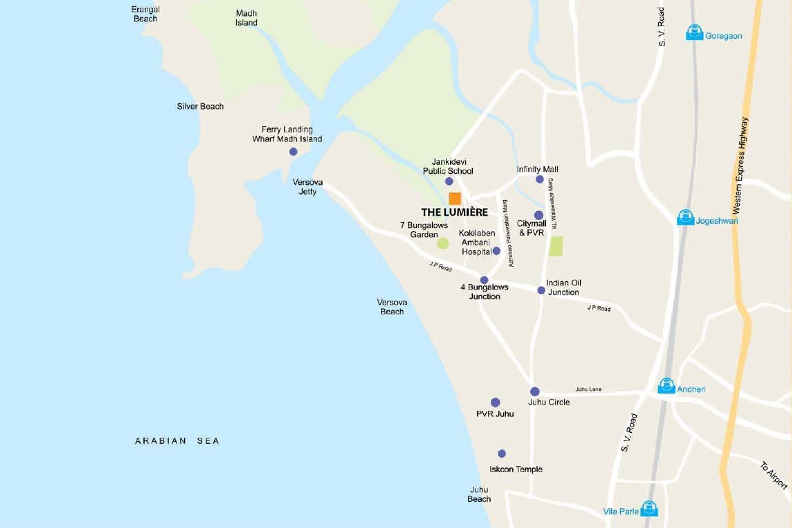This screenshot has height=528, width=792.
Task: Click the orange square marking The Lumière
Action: [x=455, y=199]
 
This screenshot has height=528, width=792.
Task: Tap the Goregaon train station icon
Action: [x=694, y=32]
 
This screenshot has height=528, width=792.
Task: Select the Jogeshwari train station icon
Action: [x=685, y=218]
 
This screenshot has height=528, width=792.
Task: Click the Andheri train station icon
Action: [x=666, y=386]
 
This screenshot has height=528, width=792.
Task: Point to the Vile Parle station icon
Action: [x=649, y=509]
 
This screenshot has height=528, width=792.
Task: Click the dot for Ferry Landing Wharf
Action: [x=293, y=152]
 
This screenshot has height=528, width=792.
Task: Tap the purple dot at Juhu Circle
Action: [x=535, y=392]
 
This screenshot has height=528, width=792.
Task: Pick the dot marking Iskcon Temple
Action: [x=502, y=454]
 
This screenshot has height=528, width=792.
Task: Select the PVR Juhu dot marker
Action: [x=495, y=403]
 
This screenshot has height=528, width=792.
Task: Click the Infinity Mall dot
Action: [x=540, y=179]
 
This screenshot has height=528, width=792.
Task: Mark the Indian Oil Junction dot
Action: [x=541, y=290]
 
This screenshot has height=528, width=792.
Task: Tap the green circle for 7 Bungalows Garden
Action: [x=443, y=243]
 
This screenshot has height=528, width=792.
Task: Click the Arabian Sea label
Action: [x=177, y=441]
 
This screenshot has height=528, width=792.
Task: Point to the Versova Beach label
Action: [x=392, y=307]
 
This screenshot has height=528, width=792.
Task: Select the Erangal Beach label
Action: [x=145, y=14]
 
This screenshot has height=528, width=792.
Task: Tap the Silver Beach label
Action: [x=201, y=106]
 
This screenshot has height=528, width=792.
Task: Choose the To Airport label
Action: [x=774, y=476]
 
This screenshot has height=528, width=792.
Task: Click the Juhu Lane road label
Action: [x=588, y=389]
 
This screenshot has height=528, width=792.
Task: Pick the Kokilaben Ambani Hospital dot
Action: [x=496, y=251]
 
